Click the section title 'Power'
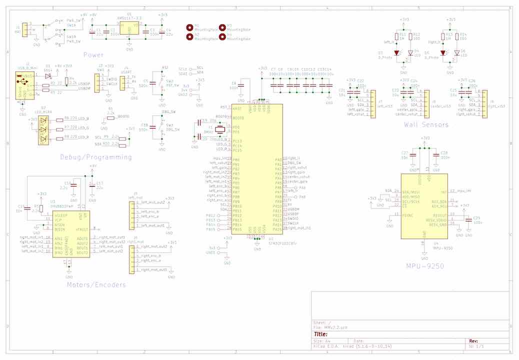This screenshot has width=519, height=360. pos(93,54)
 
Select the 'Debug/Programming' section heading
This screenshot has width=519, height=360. pos(96,157)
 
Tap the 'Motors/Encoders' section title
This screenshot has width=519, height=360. pos(96,285)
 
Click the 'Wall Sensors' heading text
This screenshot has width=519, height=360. pos(426,124)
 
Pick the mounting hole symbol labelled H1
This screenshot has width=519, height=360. pos(190,27)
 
